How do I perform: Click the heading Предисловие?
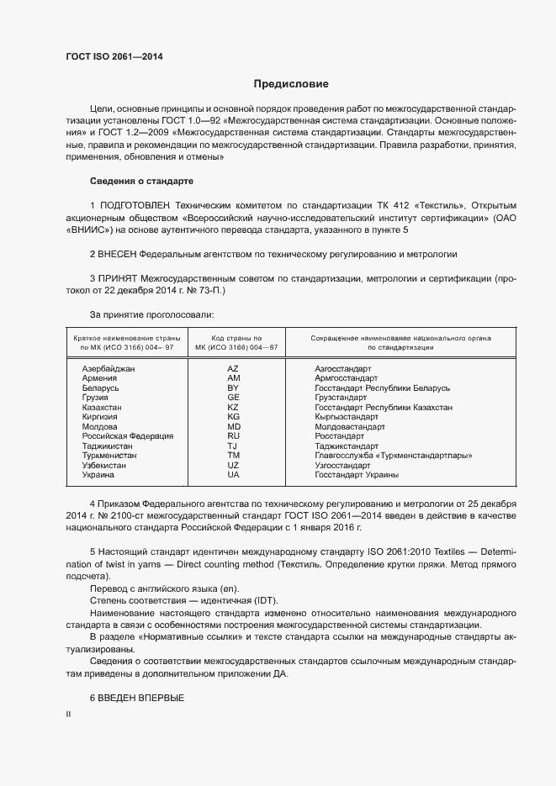coord(292,84)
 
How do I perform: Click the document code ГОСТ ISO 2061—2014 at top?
coord(114,57)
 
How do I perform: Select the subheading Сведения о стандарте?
coord(141,182)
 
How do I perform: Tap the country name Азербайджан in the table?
coord(109,369)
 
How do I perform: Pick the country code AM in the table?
coord(234,378)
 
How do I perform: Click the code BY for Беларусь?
coord(234,388)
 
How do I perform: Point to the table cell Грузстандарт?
coord(341,398)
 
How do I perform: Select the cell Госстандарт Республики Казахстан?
coord(384,408)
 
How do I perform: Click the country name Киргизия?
coord(100,417)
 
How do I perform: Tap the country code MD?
coord(234,427)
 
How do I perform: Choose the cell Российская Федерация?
coord(127,436)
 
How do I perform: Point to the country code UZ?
coord(234,466)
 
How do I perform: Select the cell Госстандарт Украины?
coord(357,475)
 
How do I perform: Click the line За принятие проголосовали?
coord(151,314)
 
